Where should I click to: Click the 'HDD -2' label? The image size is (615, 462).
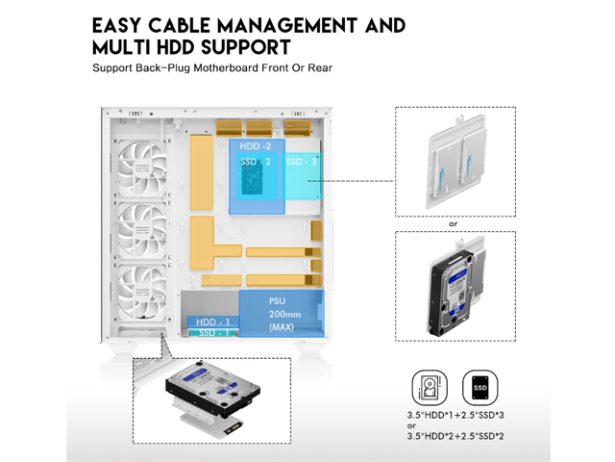tap(255, 145)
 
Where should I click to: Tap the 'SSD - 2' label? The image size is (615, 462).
tap(255, 162)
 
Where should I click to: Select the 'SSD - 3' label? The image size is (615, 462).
tap(302, 162)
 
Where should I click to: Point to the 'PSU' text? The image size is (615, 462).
tap(278, 301)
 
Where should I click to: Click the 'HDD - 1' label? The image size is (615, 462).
tap(211, 321)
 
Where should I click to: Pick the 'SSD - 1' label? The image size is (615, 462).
tap(211, 333)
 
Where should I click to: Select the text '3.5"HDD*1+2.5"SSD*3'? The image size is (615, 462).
tap(453, 418)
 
